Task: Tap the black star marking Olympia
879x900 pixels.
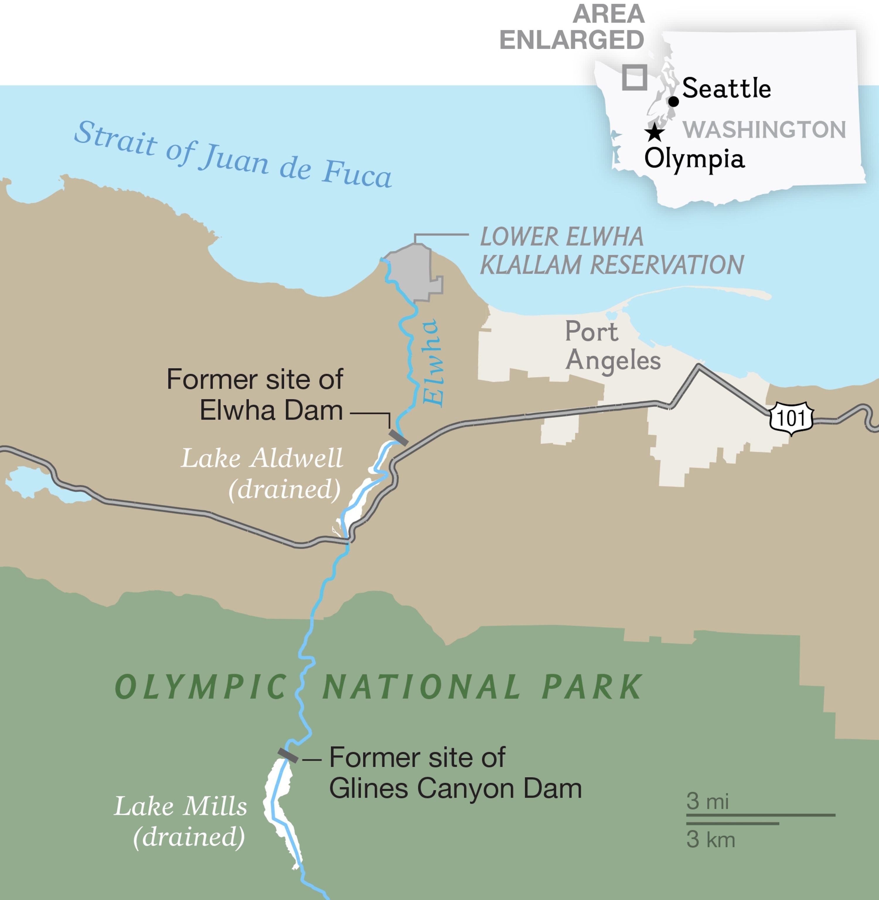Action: click(x=655, y=132)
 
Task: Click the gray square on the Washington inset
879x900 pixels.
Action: click(x=634, y=77)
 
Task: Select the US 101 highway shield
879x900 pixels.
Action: click(x=791, y=418)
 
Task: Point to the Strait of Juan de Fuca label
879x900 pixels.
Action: click(x=233, y=155)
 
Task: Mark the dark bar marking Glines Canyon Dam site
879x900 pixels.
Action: click(x=288, y=756)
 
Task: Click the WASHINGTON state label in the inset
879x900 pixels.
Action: click(x=764, y=130)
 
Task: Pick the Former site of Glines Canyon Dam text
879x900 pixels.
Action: click(x=455, y=773)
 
